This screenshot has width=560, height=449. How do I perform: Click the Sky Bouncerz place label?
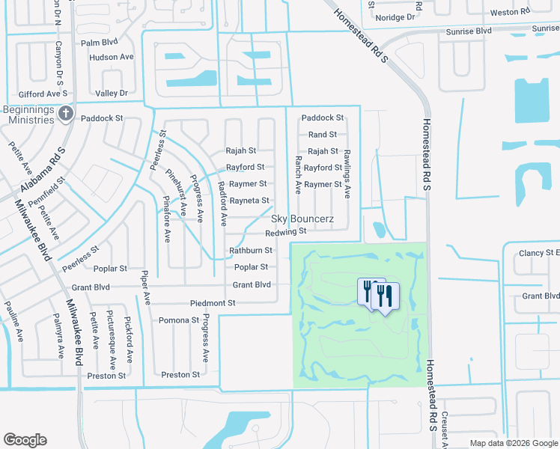tap(302, 219)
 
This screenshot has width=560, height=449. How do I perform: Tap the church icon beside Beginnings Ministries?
tap(65, 114)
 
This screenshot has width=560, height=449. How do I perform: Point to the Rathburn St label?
tap(251, 251)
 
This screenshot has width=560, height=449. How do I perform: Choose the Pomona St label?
tap(179, 320)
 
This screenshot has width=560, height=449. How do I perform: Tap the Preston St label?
tap(180, 375)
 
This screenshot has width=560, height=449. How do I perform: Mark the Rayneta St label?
tap(249, 201)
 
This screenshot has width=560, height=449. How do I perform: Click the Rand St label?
tap(323, 135)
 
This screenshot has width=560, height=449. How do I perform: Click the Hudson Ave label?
tap(111, 57)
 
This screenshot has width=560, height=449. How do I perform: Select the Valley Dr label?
tap(112, 93)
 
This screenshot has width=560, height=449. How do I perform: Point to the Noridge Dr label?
tap(399, 16)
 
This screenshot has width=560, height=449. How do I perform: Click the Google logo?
tap(25, 440)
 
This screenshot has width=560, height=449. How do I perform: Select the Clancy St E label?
tap(539, 254)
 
